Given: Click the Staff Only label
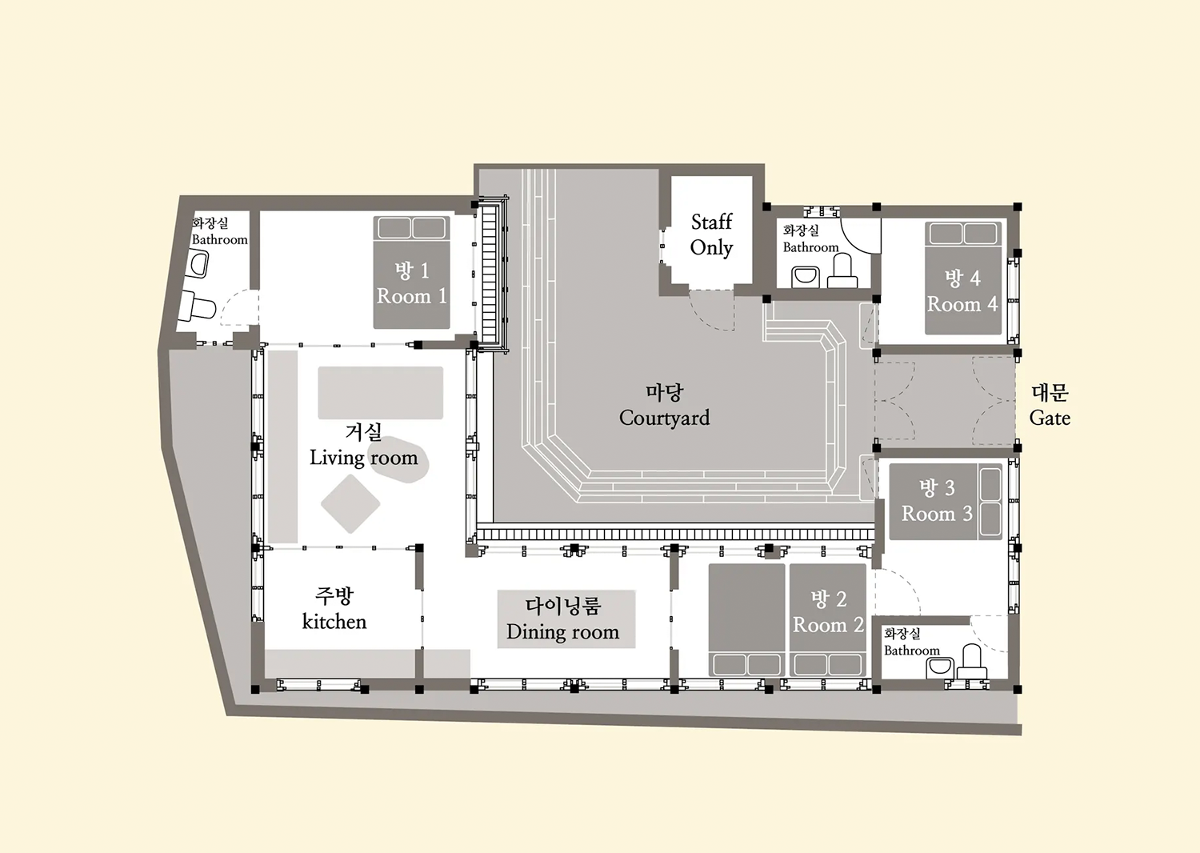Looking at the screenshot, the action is [711, 235].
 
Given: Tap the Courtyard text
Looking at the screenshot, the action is [664, 418].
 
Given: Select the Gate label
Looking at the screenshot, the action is [1050, 418].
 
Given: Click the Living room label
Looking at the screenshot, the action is [364, 459].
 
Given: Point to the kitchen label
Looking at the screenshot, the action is [334, 622].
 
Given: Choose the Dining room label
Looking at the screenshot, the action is [562, 632].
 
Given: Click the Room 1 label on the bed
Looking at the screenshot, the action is [411, 296].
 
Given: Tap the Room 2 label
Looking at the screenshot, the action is [828, 625].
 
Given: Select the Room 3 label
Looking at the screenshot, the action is [937, 514].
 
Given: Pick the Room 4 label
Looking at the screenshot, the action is [962, 304].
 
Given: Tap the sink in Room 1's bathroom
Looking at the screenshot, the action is [199, 265].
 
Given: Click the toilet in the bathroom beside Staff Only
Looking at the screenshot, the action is [842, 271].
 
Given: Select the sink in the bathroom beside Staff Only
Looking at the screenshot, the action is [805, 277].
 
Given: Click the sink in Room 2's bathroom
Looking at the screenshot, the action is [940, 668].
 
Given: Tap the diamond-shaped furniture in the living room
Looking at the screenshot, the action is [350, 503].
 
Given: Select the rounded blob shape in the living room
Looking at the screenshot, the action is [399, 460].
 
